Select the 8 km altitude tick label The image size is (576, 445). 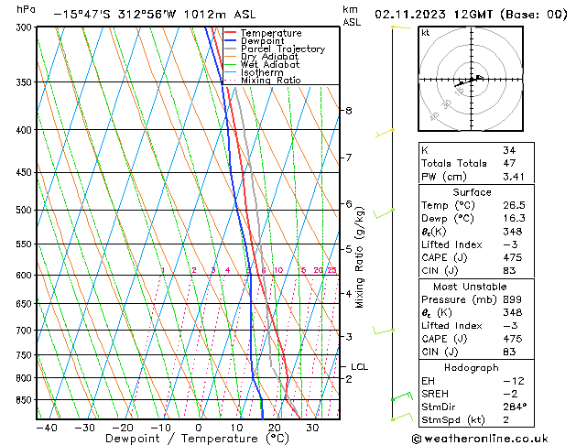point(348,111)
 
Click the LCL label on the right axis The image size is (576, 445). point(359,367)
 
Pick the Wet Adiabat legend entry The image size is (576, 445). point(269,65)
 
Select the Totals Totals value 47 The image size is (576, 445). point(509,163)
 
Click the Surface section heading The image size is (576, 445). point(472,192)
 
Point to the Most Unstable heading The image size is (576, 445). point(472,286)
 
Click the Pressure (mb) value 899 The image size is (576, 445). point(511,299)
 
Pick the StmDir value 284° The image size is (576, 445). point(514,406)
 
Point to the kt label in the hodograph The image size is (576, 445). point(426,33)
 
